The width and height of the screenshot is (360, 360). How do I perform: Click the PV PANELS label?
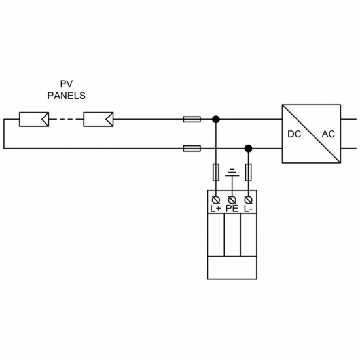65,89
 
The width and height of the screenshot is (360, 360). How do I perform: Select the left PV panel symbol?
32,119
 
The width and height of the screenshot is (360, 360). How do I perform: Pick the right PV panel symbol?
99,119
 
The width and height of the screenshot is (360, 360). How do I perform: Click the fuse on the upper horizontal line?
192,119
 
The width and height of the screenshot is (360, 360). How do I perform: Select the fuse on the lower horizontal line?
192,149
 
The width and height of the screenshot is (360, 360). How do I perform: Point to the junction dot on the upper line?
216,119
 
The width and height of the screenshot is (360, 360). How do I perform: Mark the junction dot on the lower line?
247,149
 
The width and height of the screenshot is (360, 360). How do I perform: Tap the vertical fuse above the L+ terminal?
216,173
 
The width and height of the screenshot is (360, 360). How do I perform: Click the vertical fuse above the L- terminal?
247,173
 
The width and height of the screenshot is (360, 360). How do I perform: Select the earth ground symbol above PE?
231,173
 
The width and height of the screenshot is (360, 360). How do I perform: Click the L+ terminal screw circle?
216,198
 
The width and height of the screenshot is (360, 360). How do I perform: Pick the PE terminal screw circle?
231,198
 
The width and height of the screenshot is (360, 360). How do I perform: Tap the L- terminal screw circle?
247,198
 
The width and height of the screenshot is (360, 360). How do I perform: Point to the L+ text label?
216,209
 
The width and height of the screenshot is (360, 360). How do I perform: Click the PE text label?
232,209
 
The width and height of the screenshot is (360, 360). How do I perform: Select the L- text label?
247,209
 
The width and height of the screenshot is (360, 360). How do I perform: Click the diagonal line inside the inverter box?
312,134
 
